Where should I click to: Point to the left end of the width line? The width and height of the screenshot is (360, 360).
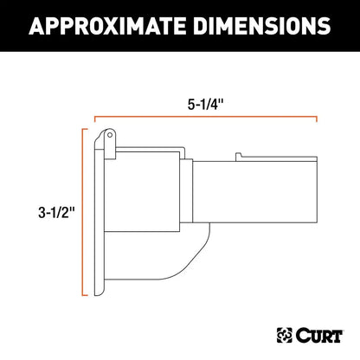(94, 116)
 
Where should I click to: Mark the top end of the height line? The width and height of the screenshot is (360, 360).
(84, 129)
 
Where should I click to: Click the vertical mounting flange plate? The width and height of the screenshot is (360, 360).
(97, 216)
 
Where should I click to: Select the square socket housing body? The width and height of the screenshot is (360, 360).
(138, 208)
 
